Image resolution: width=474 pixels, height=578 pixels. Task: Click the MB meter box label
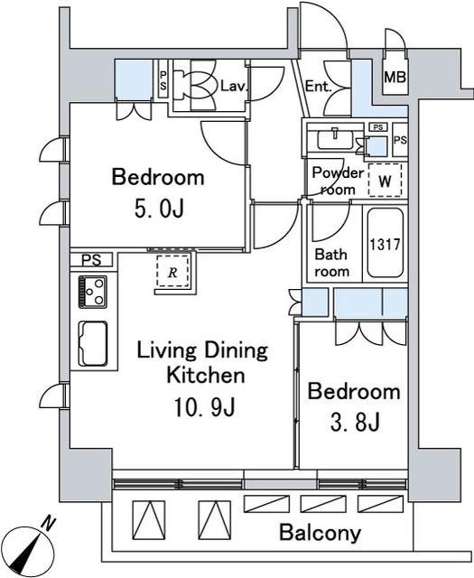click(395, 78)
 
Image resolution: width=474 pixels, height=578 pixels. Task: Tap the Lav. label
click(233, 87)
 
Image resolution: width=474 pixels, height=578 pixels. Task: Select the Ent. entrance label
click(319, 87)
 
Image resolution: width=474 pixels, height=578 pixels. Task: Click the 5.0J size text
click(159, 210)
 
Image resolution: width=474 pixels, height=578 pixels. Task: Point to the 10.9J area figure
click(204, 407)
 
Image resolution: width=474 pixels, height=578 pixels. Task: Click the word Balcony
click(320, 533)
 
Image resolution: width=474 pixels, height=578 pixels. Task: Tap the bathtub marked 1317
click(386, 243)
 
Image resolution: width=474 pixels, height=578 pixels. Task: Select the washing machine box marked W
click(386, 181)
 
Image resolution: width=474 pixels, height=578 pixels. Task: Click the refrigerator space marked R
click(172, 271)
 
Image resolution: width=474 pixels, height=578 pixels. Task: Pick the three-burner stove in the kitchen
click(92, 292)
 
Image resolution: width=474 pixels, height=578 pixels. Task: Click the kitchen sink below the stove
click(92, 343)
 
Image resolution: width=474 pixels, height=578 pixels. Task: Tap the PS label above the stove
click(91, 260)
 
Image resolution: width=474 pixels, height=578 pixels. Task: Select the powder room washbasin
click(335, 139)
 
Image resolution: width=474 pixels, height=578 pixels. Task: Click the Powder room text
click(338, 181)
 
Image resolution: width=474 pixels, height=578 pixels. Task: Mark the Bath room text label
click(331, 263)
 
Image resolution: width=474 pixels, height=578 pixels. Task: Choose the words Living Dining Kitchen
click(203, 363)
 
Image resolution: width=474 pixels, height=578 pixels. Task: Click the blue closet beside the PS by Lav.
click(134, 79)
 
